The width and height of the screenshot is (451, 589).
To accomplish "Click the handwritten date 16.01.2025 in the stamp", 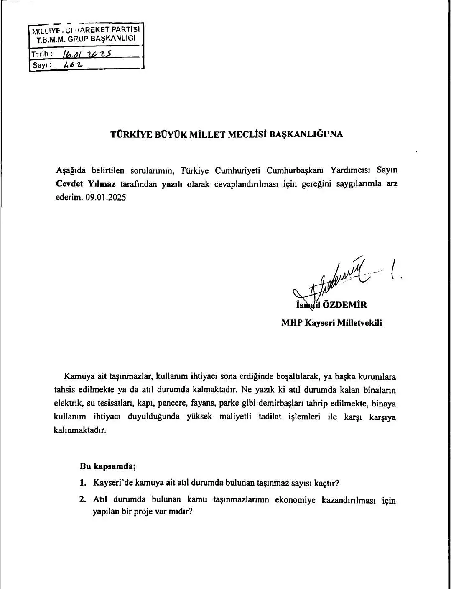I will (86, 54).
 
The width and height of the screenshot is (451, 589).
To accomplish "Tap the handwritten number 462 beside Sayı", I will (73, 65).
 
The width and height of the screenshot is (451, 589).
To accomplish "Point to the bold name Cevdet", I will (70, 184).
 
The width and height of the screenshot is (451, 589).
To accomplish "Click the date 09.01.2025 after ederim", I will (106, 197).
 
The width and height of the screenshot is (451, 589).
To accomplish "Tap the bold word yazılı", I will (172, 184).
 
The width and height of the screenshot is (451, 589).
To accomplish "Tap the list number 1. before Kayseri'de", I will (83, 483).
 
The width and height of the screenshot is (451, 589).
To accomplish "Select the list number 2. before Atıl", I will (83, 499).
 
